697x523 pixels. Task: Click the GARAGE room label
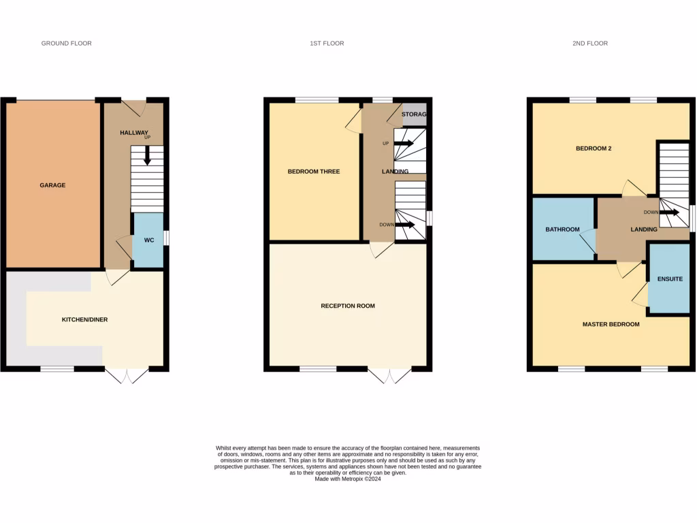52,185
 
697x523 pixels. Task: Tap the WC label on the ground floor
148,240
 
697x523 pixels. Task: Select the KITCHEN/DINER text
85,319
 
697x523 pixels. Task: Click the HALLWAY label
134,133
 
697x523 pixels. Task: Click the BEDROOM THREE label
314,172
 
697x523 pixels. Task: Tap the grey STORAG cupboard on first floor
414,114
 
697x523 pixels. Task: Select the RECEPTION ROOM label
348,306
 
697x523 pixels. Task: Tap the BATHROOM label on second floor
562,229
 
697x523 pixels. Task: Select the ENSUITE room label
670,279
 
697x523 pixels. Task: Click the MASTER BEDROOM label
611,324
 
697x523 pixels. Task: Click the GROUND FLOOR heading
66,43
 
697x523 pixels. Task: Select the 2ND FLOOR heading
589,43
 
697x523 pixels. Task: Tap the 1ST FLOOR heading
327,43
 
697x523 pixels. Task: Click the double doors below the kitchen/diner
127,376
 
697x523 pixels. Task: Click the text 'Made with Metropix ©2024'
348,479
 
